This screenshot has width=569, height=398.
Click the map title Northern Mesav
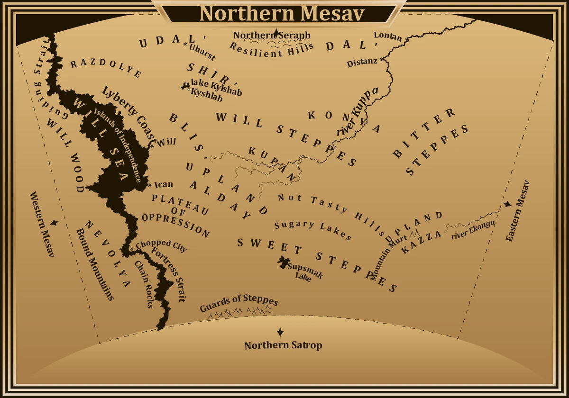[282, 13]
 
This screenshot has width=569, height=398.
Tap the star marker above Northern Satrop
[280, 332]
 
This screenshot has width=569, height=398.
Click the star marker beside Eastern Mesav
[508, 204]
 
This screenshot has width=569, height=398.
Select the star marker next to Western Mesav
[54, 222]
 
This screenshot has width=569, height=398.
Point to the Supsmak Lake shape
[284, 262]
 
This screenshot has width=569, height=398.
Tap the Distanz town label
[362, 62]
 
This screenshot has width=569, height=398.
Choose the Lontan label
[388, 36]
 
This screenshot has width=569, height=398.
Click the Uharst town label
[202, 52]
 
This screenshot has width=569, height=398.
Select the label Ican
[164, 184]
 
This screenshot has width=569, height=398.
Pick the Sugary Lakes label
[313, 230]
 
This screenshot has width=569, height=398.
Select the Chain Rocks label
[144, 284]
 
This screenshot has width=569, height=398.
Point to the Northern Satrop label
[283, 345]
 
